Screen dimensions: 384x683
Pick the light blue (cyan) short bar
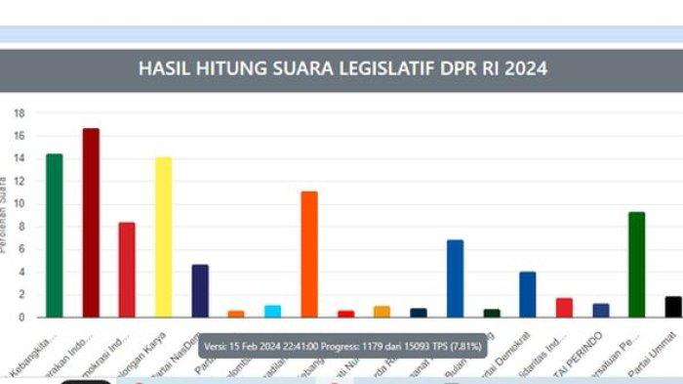pyautogui.click(x=272, y=311)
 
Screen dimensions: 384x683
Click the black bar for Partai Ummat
pyautogui.click(x=673, y=307)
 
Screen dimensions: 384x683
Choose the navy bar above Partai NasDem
pyautogui.click(x=200, y=290)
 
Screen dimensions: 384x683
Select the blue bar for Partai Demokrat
pyautogui.click(x=528, y=294)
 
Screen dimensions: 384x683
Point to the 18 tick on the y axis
pyautogui.click(x=19, y=113)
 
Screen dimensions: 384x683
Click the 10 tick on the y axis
pyautogui.click(x=19, y=204)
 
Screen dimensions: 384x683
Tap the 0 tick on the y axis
pyautogui.click(x=20, y=318)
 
